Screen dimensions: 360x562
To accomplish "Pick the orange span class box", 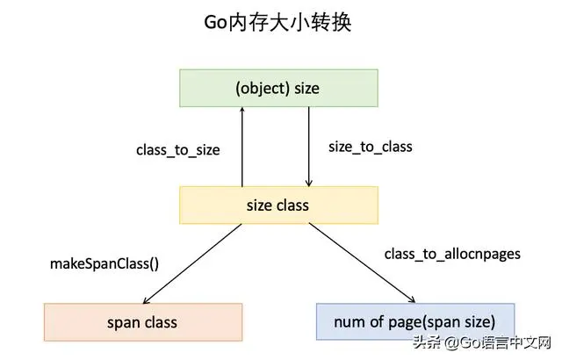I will pyautogui.click(x=142, y=321).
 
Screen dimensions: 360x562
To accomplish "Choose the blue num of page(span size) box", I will pyautogui.click(x=414, y=321).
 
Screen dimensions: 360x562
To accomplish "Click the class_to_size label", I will pyautogui.click(x=177, y=150).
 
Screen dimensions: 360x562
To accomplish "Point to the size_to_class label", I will pyautogui.click(x=370, y=147).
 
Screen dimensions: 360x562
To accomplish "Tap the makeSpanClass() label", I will pyautogui.click(x=104, y=263).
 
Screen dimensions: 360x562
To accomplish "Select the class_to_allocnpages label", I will pyautogui.click(x=452, y=254).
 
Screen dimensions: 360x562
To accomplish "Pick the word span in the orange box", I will pyautogui.click(x=122, y=321).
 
